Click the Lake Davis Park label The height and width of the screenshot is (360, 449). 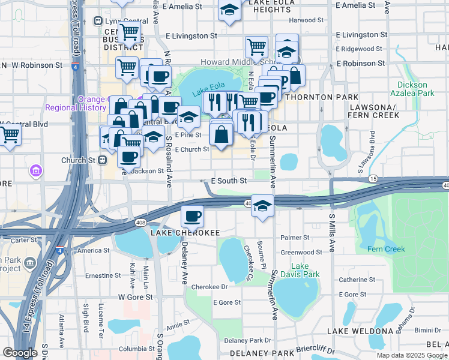pyautogui.click(x=304, y=270)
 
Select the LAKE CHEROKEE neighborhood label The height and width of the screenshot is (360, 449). pyautogui.click(x=185, y=232)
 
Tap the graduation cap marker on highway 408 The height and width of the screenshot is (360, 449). pyautogui.click(x=262, y=206)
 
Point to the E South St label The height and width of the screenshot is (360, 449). pyautogui.click(x=229, y=181)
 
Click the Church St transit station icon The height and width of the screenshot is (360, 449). pyautogui.click(x=102, y=160)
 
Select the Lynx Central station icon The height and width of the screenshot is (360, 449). pyautogui.click(x=98, y=21)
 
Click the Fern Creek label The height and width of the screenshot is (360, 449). pyautogui.click(x=386, y=249)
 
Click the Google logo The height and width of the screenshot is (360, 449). pyautogui.click(x=20, y=353)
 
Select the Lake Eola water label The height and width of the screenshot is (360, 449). pyautogui.click(x=207, y=92)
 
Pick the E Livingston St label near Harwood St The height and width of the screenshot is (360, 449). pyautogui.click(x=361, y=35)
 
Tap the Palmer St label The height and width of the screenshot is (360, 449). pyautogui.click(x=306, y=238)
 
